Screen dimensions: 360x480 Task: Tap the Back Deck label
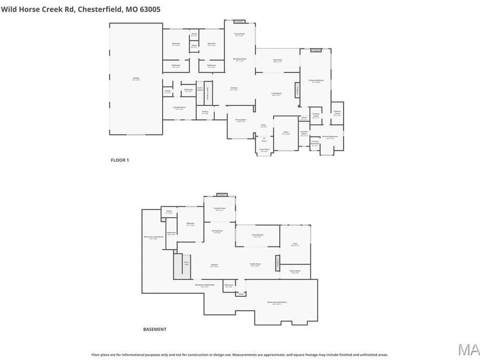click(x=277, y=60)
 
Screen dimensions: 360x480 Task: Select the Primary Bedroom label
click(x=316, y=81)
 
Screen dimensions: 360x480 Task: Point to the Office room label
click(x=286, y=132)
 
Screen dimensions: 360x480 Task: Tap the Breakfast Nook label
click(x=239, y=59)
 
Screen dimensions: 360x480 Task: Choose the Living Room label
click(x=276, y=94)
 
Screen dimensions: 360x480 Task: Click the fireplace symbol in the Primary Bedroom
click(x=316, y=50)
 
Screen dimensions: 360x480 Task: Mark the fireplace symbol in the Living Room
click(x=297, y=90)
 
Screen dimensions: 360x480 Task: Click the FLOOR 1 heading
click(x=119, y=160)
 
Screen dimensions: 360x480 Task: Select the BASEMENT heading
click(x=155, y=329)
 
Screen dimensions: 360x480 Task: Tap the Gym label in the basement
click(x=295, y=245)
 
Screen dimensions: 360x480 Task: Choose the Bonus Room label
click(x=295, y=271)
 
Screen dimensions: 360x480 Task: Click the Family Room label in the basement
click(x=255, y=265)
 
